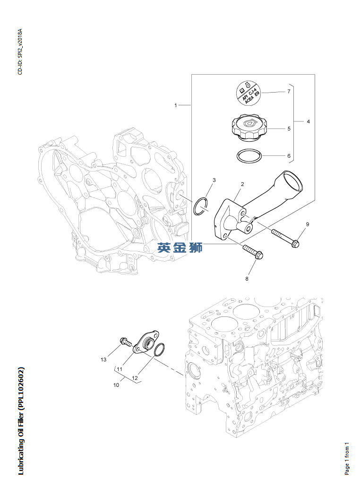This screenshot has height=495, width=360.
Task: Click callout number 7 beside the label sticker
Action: [x=288, y=92]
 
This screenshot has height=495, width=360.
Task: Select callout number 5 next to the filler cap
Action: [x=288, y=128]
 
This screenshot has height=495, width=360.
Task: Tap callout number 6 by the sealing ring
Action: [x=288, y=155]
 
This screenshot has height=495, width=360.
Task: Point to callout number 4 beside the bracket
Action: [x=308, y=121]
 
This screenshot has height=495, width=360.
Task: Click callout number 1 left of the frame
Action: [x=176, y=105]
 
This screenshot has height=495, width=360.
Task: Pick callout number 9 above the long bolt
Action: [x=307, y=224]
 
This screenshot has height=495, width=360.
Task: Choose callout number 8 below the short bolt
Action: [x=246, y=279]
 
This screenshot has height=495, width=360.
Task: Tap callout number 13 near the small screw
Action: [x=103, y=359]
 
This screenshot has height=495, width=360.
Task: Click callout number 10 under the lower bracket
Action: [x=116, y=385]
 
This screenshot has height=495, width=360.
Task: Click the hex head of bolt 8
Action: [x=259, y=256]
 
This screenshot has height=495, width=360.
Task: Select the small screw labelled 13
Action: [x=125, y=341]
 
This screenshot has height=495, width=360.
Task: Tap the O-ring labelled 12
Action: [x=159, y=350]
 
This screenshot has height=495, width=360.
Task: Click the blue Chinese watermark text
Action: [x=180, y=247]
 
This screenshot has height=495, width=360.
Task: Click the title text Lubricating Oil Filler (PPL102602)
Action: [x=21, y=421]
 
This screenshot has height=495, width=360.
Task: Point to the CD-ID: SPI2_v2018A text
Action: [x=20, y=51]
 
